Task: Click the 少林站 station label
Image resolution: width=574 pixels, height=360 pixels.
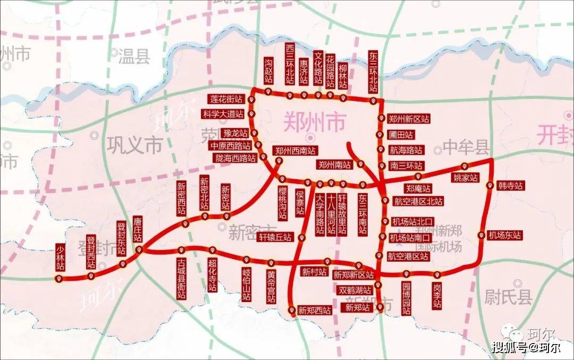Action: (60, 257)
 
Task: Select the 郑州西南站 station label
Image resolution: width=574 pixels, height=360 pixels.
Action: (295, 150)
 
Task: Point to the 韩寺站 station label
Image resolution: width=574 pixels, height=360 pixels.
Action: (511, 186)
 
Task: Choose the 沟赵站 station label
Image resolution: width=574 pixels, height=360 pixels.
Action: (268, 70)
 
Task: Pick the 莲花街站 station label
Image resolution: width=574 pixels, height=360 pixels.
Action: (225, 99)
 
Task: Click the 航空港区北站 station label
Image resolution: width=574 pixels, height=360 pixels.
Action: (418, 201)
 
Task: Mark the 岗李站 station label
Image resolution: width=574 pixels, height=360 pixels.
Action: (437, 296)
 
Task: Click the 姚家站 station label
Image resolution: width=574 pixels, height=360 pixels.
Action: (465, 177)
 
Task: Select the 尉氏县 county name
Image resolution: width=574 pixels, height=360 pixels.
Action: (508, 297)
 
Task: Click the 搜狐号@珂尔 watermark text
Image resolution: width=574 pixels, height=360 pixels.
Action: (526, 347)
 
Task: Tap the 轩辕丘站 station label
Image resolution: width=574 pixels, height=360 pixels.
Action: (275, 237)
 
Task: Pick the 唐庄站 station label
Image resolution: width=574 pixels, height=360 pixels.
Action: (138, 229)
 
